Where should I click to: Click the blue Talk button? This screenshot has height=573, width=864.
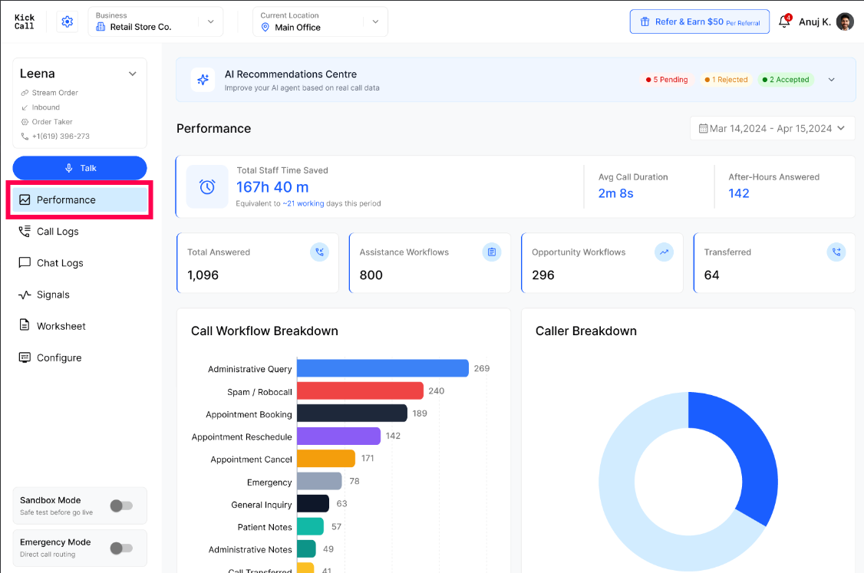click(80, 168)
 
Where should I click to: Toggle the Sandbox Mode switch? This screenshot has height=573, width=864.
click(121, 505)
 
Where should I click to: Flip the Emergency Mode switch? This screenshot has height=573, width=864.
click(121, 548)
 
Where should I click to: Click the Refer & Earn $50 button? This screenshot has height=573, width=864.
click(700, 21)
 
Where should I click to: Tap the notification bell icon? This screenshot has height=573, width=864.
click(784, 21)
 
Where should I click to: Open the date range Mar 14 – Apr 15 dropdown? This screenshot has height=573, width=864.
click(772, 128)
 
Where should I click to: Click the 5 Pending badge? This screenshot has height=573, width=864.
click(667, 79)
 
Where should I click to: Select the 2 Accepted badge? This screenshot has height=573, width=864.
click(786, 79)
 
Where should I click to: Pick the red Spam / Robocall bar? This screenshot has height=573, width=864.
click(361, 390)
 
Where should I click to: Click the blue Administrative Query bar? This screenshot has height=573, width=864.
click(383, 368)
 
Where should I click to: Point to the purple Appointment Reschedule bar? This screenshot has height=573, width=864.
click(339, 436)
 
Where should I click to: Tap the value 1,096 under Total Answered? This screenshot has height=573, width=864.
click(203, 275)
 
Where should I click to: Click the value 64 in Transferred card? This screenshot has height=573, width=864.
click(711, 275)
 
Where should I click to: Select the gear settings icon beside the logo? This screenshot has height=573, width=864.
click(68, 21)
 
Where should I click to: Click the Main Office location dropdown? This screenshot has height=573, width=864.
click(320, 21)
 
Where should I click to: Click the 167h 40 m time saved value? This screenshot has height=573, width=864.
click(272, 187)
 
